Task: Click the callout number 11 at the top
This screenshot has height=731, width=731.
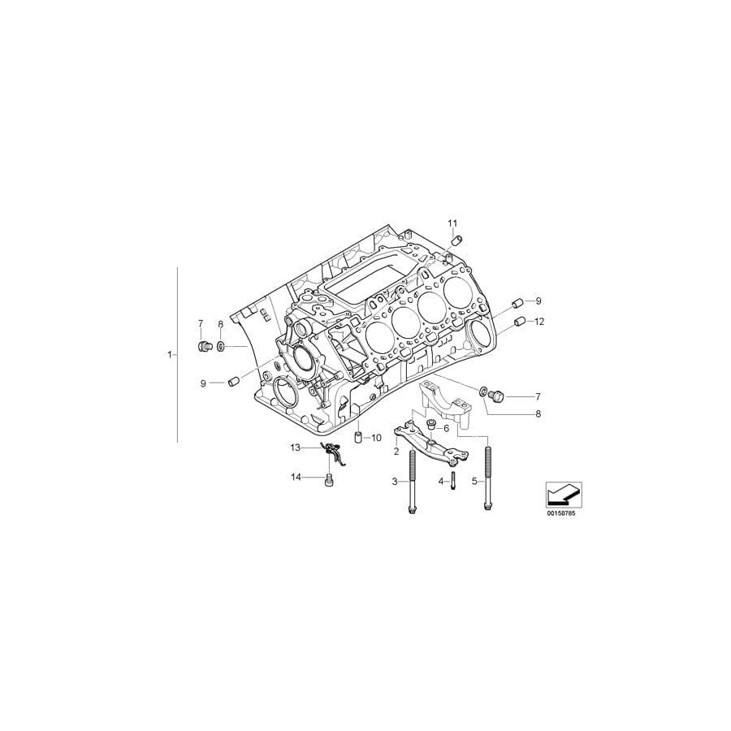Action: tap(452, 223)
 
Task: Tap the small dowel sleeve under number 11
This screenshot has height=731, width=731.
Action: tap(457, 240)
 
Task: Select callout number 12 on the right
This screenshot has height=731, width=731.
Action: tap(539, 322)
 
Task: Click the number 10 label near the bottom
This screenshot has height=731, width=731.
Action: tap(376, 438)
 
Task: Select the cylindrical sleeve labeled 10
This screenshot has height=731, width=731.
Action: tap(357, 439)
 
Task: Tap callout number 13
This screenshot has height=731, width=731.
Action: tap(296, 448)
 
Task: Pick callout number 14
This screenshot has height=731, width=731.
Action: tap(296, 477)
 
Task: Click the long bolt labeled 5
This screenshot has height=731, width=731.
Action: tap(487, 479)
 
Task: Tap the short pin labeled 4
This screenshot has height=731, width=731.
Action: tap(452, 481)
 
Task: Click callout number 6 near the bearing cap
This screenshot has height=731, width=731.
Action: tap(446, 428)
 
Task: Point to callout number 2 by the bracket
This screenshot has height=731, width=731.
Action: tap(396, 451)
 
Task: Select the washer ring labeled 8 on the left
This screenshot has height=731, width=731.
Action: tap(222, 348)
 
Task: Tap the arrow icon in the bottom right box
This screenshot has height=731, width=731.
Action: tap(562, 492)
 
